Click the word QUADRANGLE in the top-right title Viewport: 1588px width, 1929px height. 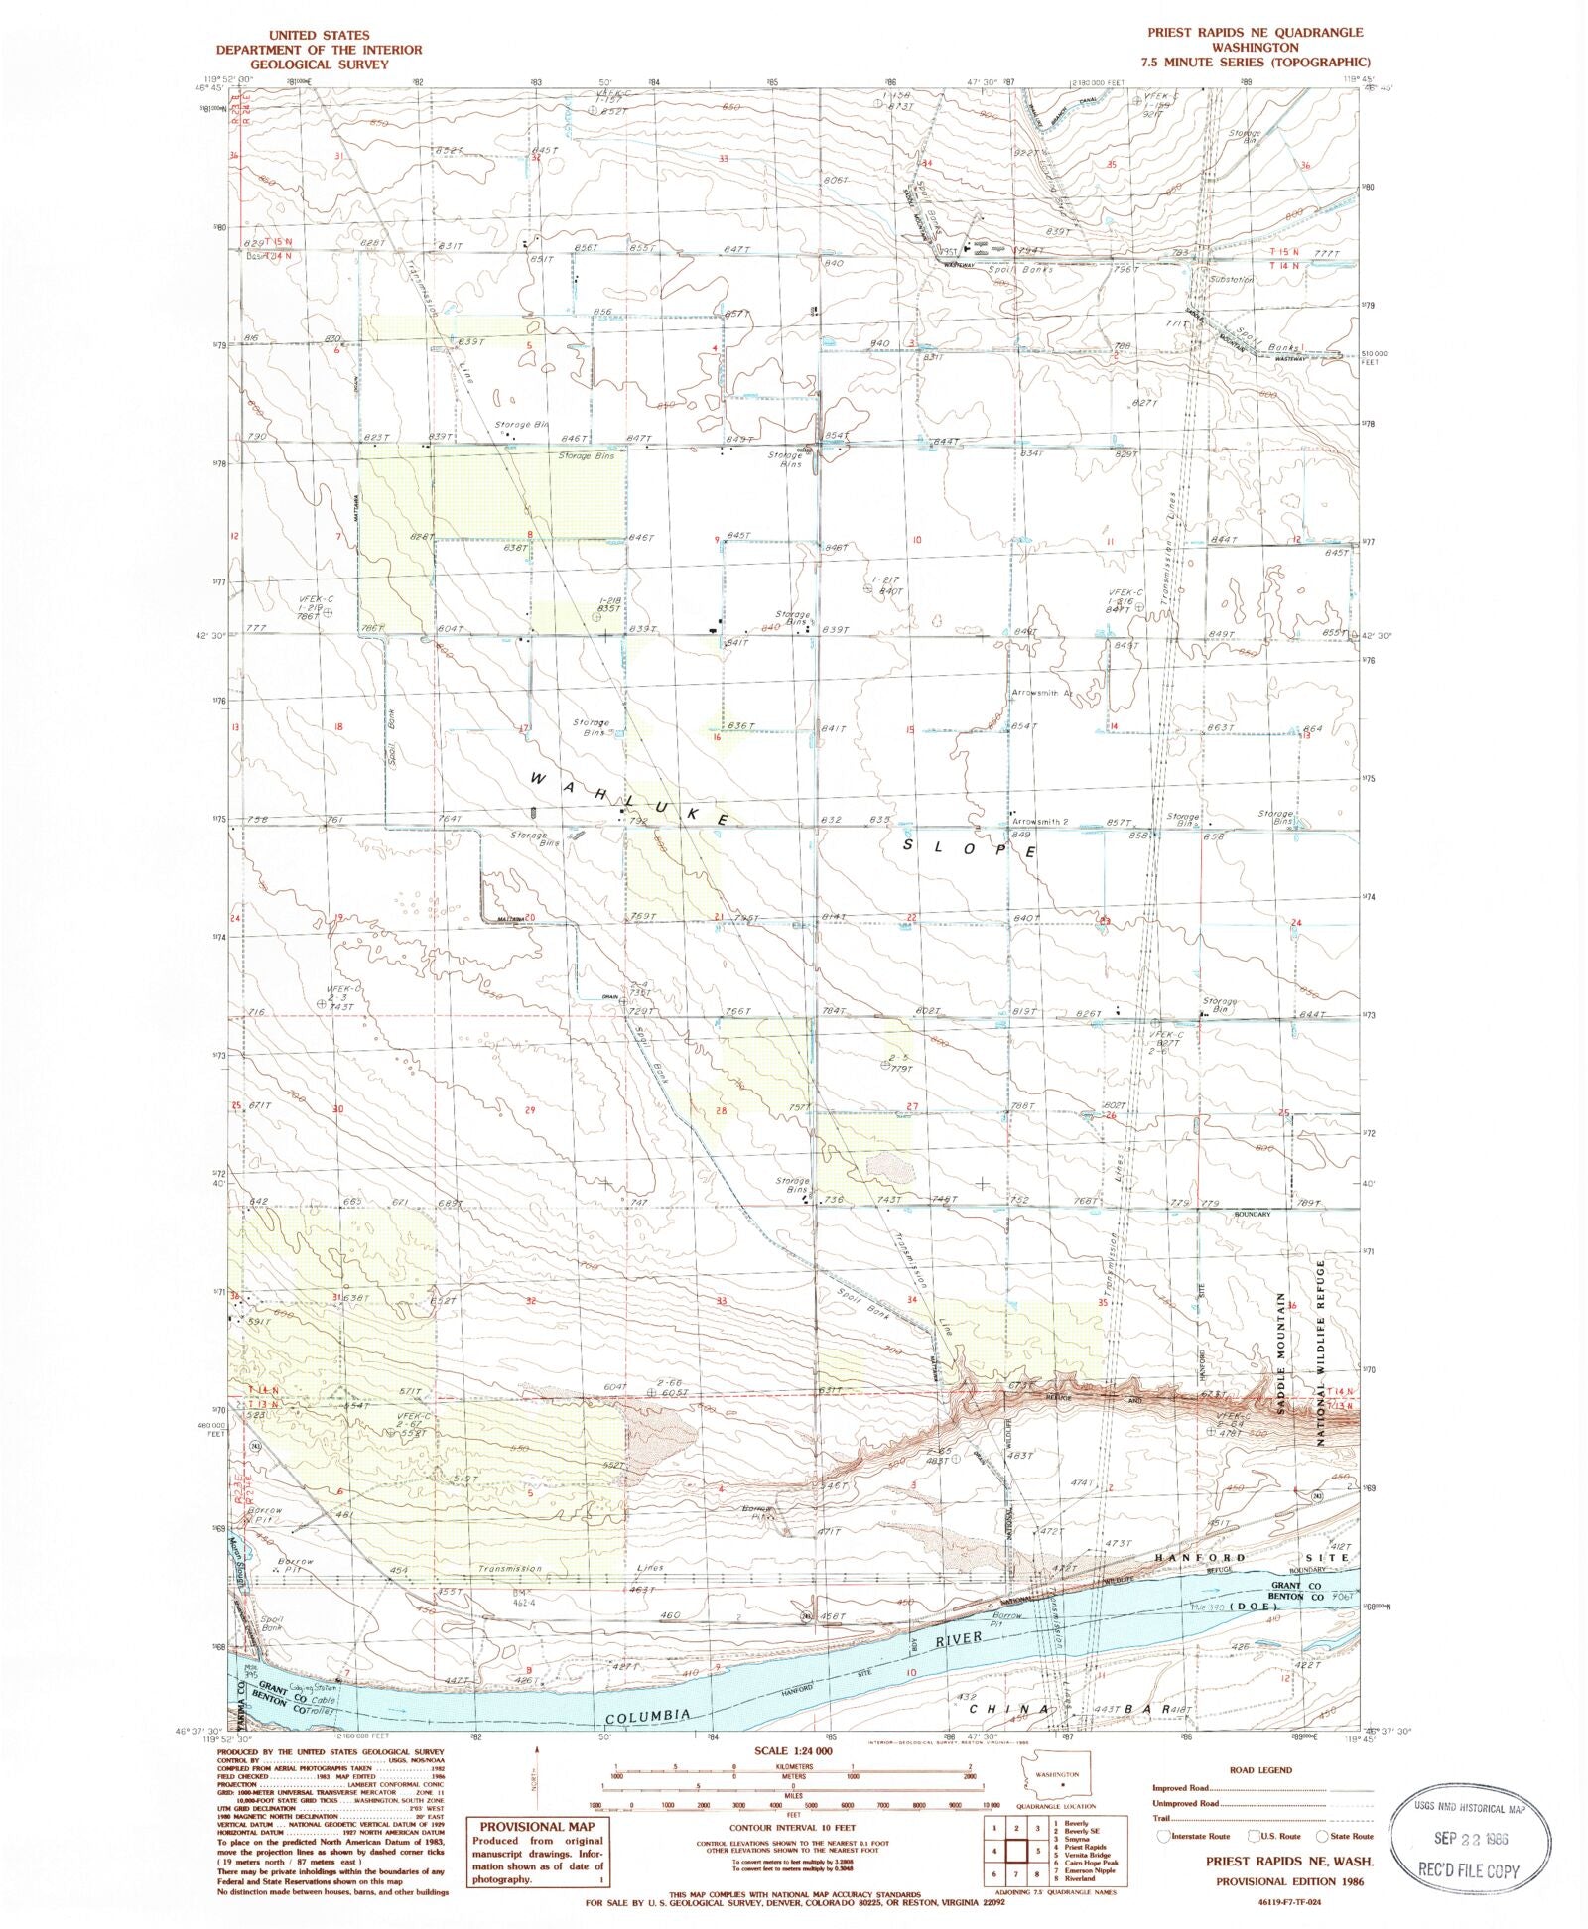pyautogui.click(x=1321, y=32)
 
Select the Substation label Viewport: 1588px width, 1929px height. pyautogui.click(x=1232, y=280)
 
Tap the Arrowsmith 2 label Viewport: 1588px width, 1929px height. pyautogui.click(x=1039, y=822)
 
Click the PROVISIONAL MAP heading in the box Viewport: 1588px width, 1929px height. pyautogui.click(x=537, y=1827)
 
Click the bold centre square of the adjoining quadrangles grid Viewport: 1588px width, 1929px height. pyautogui.click(x=1016, y=1852)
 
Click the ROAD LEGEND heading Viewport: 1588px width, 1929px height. pyautogui.click(x=1260, y=1769)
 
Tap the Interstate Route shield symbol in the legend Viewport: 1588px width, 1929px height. pyautogui.click(x=1164, y=1837)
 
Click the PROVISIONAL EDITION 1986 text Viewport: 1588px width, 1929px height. pyautogui.click(x=1289, y=1881)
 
